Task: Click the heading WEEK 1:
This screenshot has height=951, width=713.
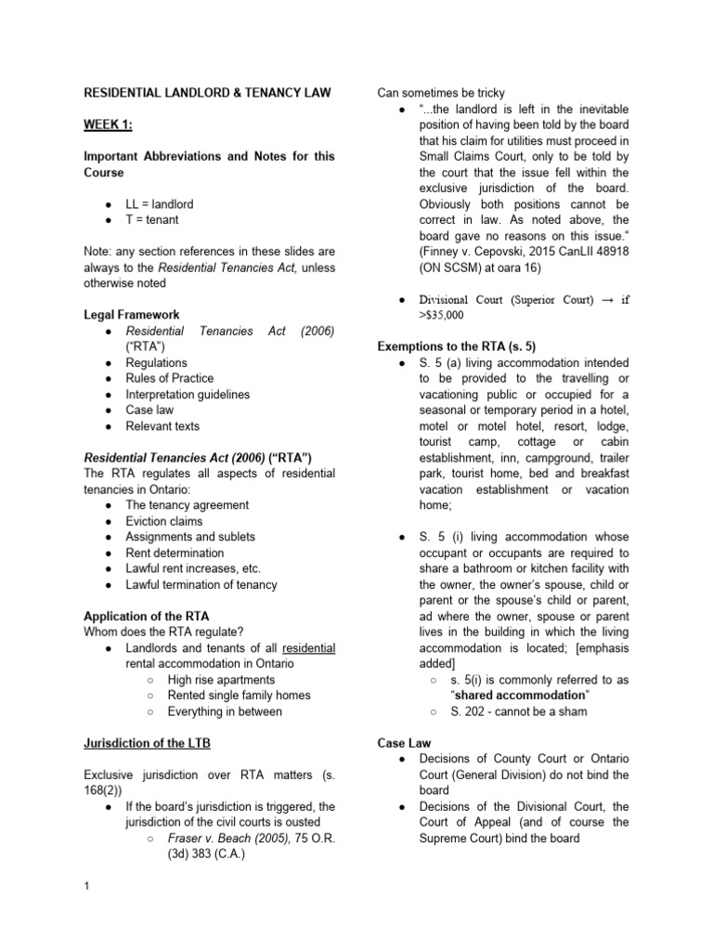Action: tap(108, 124)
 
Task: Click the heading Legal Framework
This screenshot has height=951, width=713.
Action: tap(132, 315)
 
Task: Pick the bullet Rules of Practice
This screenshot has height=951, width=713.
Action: tap(169, 378)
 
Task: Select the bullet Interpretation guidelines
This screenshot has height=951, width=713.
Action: tap(188, 394)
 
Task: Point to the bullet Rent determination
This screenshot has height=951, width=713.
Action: tap(175, 553)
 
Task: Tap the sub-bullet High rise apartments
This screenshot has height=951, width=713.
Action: tap(221, 680)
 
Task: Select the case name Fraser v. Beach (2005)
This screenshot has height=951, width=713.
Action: tap(221, 839)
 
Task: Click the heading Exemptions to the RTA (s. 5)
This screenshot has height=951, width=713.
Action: tap(456, 346)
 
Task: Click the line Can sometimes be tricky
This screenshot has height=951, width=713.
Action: tap(440, 93)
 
